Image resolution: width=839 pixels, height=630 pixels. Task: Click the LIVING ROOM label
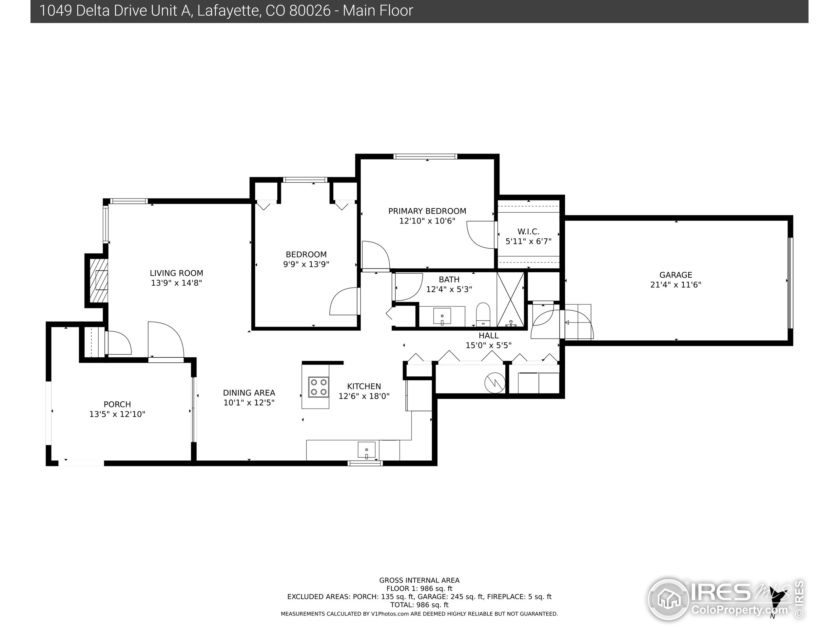[x=176, y=273]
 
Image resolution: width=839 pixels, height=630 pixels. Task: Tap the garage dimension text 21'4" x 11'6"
[x=675, y=285]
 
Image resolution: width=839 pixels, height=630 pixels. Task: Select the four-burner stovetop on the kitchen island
[x=318, y=387]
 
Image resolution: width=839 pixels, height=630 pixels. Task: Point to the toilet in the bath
[x=483, y=314]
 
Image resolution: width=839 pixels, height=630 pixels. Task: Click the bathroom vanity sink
[x=442, y=316]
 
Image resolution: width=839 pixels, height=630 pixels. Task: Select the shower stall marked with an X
[x=510, y=300]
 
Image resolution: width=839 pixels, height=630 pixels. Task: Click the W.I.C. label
[x=528, y=232]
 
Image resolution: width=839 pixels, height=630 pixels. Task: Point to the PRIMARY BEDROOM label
[x=427, y=211]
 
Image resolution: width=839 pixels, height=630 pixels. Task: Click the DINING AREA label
[x=249, y=393]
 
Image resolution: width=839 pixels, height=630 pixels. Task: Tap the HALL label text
[x=489, y=336]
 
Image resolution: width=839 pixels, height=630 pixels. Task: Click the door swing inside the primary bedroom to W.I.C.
[x=480, y=234]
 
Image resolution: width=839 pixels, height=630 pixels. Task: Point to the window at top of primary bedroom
[x=425, y=157]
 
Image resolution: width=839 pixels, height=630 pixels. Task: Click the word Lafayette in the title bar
[x=228, y=10]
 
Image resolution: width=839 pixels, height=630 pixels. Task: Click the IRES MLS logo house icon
[x=668, y=599]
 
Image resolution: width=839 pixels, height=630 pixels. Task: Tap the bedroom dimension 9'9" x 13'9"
[x=306, y=264]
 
